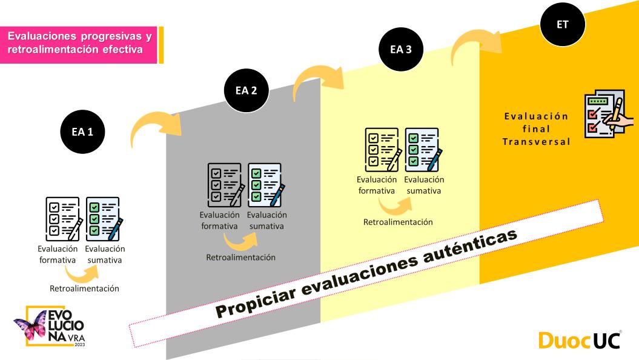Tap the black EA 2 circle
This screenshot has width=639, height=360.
click(x=245, y=91)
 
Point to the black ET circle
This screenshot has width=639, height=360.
click(x=563, y=24)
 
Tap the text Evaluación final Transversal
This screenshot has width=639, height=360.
click(x=537, y=128)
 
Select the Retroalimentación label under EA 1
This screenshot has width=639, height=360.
click(x=84, y=288)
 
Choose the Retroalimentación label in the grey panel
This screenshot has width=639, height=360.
click(x=241, y=257)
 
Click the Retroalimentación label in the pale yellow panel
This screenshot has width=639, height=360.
click(x=398, y=222)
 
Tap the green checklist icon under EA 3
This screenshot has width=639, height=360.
click(x=423, y=148)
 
